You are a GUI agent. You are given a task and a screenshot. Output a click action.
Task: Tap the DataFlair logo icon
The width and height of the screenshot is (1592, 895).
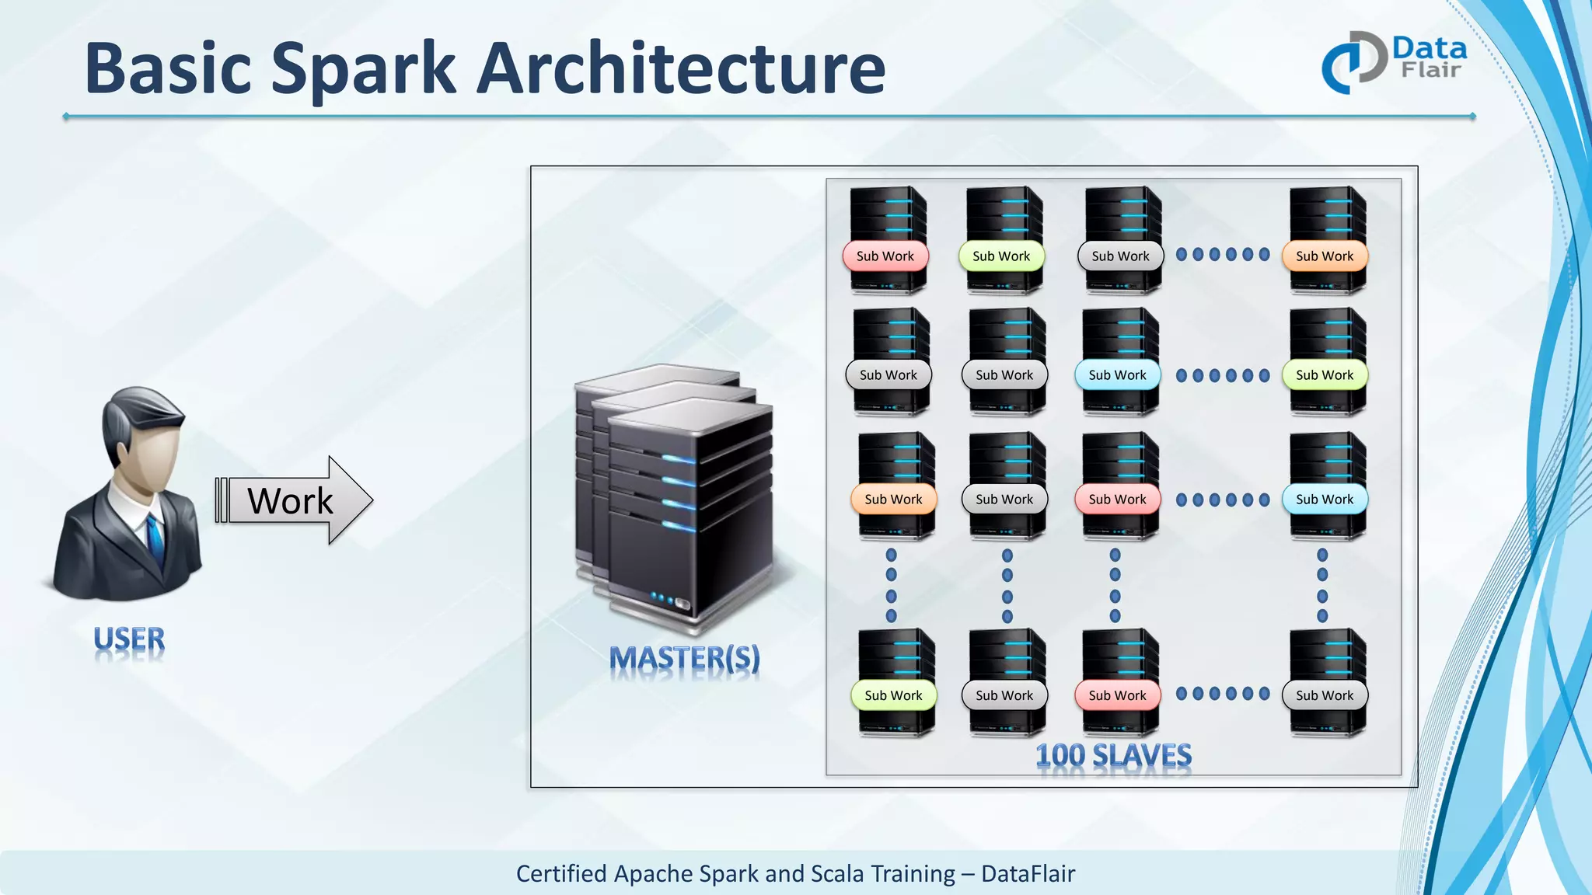pyautogui.click(x=1353, y=62)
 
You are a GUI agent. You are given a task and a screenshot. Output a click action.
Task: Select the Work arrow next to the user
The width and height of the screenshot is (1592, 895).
pyautogui.click(x=294, y=500)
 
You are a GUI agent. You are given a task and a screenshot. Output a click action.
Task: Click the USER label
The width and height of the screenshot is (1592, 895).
pyautogui.click(x=129, y=640)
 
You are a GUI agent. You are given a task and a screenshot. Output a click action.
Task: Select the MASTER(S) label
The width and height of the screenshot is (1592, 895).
pyautogui.click(x=684, y=659)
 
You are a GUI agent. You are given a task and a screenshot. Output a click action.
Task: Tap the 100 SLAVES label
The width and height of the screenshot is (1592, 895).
pyautogui.click(x=1113, y=755)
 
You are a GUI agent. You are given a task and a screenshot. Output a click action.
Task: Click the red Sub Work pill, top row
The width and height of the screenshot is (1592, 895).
pyautogui.click(x=885, y=256)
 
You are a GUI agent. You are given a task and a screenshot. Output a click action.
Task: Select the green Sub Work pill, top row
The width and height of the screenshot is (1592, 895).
pyautogui.click(x=1001, y=256)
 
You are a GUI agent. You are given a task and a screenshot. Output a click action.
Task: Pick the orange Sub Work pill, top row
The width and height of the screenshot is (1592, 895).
pyautogui.click(x=1325, y=256)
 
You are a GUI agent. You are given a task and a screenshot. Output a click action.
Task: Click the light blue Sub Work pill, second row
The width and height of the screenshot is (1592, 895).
pyautogui.click(x=1117, y=375)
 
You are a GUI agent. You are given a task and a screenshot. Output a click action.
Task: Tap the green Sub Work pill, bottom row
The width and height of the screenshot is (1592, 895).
pyautogui.click(x=893, y=695)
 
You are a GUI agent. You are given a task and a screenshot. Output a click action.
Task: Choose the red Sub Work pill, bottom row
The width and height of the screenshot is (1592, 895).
pyautogui.click(x=1117, y=695)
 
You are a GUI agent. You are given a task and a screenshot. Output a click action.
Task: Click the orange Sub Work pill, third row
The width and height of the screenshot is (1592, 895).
pyautogui.click(x=893, y=500)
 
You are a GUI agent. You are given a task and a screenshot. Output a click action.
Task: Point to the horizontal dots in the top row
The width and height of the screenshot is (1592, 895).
pyautogui.click(x=1223, y=254)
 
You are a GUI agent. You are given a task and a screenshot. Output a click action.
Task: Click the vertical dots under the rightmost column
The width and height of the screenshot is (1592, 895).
pyautogui.click(x=1322, y=585)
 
